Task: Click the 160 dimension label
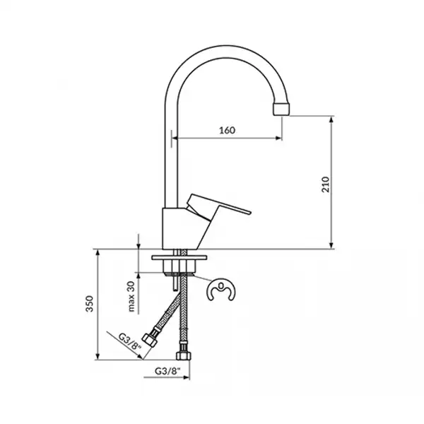tap(227, 130)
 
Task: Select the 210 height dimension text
tap(326, 184)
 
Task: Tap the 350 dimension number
tap(90, 304)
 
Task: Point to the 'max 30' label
tap(131, 297)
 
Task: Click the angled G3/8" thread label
tap(130, 342)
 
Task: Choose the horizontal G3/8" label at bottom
tap(167, 371)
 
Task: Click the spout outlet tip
tap(281, 109)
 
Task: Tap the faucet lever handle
tap(218, 206)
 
